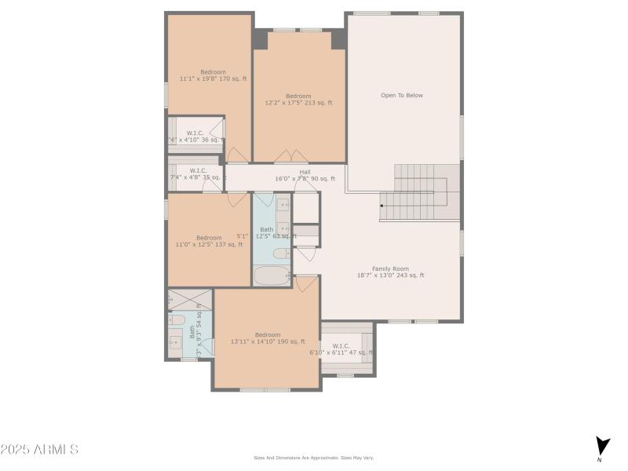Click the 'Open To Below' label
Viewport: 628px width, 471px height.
(402, 95)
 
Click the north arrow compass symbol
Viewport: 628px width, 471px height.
(601, 447)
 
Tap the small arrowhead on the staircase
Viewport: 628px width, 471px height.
(382, 206)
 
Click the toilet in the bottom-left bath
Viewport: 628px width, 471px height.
(177, 320)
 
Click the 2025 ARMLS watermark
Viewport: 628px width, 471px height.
(39, 450)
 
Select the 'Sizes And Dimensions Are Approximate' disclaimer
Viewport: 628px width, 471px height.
(313, 458)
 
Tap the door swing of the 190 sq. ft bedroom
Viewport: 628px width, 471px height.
(308, 284)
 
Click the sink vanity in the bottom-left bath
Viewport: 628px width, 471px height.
(175, 342)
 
